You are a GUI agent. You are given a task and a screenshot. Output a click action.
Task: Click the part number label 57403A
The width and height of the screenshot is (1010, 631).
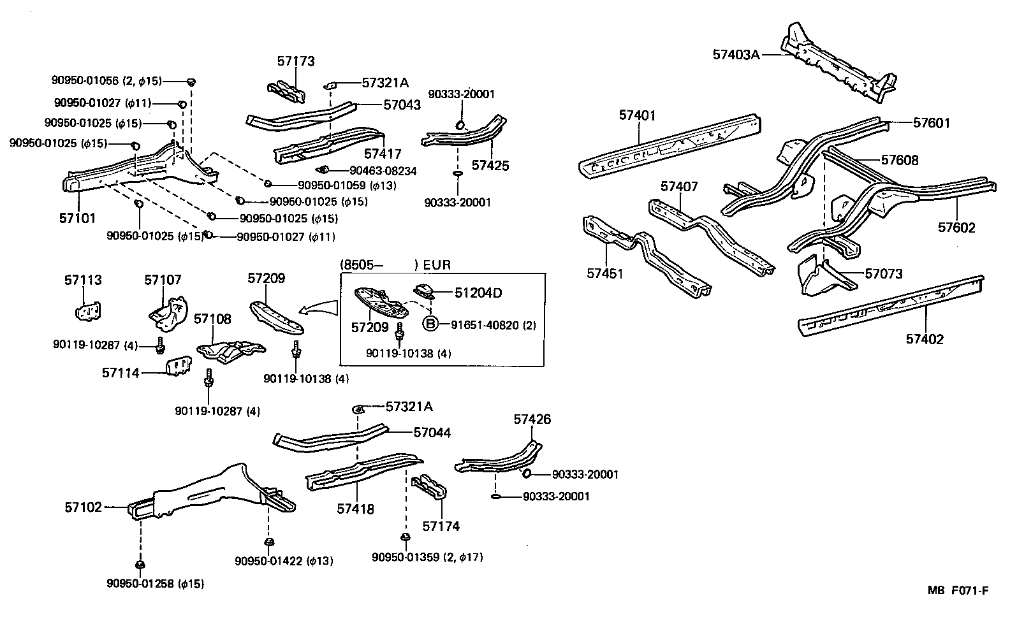(736, 55)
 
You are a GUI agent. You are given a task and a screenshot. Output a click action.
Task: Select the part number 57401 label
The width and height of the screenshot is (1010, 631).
(637, 115)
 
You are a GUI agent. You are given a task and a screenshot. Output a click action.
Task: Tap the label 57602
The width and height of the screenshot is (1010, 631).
(956, 228)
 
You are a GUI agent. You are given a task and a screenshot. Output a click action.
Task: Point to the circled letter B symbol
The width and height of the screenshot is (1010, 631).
(430, 324)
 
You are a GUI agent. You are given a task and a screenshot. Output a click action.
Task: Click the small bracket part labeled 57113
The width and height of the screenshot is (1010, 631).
(89, 311)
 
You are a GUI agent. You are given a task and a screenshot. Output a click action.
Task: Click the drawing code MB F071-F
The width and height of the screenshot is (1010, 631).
(958, 590)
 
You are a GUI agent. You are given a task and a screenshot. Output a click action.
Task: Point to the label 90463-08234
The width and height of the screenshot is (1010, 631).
(383, 171)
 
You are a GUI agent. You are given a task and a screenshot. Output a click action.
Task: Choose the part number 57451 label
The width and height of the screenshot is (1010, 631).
(604, 273)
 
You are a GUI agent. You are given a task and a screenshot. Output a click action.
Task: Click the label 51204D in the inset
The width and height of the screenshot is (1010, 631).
(478, 293)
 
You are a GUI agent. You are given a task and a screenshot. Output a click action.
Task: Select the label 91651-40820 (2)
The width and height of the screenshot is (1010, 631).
(494, 325)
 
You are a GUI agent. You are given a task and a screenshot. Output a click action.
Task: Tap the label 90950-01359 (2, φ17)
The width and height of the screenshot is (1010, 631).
(427, 557)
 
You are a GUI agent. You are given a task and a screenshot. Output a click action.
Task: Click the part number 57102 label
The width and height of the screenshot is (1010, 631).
(83, 507)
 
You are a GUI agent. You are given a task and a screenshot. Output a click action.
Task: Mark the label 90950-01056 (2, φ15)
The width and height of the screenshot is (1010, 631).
(106, 80)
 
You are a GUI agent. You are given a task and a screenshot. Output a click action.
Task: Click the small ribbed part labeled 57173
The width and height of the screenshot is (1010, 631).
(285, 92)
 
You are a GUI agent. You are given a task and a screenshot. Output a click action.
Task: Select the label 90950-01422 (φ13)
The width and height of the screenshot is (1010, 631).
(284, 561)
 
